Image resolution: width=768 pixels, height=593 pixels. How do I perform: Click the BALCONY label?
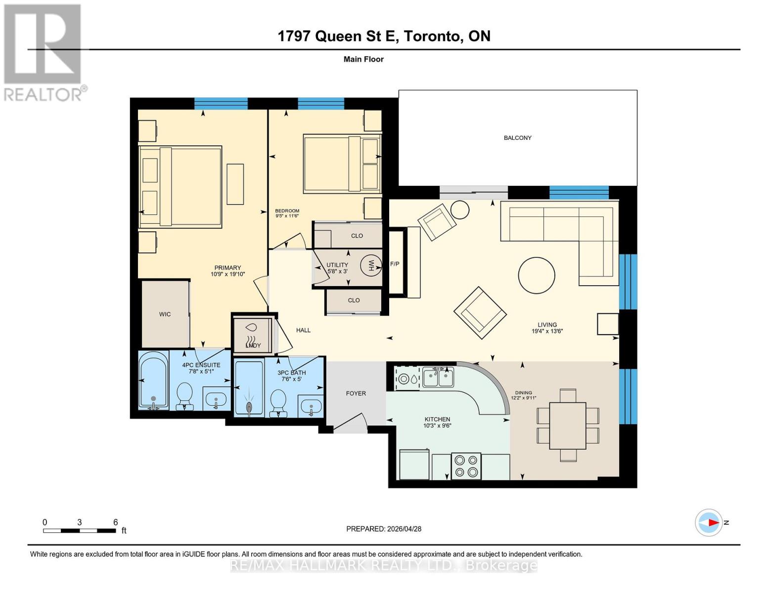(x=517, y=138)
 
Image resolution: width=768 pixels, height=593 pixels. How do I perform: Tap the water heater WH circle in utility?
(x=370, y=265)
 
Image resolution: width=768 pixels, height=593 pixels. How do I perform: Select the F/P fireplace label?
(x=395, y=264)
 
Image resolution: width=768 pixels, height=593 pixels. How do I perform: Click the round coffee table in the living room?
(x=536, y=276)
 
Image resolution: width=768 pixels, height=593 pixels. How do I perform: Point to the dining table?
(x=568, y=425)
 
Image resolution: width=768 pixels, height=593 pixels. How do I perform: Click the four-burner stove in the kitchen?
(x=466, y=466)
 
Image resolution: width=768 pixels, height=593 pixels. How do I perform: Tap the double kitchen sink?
(x=438, y=378)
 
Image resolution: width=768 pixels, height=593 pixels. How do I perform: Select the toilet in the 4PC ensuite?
(x=185, y=395)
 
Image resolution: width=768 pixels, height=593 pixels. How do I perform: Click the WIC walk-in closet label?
(x=165, y=314)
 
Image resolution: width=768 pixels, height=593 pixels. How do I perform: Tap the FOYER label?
(x=356, y=393)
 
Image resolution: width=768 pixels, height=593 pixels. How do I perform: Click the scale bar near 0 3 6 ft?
(x=79, y=531)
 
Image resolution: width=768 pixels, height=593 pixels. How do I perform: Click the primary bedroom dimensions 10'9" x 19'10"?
(x=227, y=274)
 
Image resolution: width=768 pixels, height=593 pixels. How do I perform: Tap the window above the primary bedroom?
(x=221, y=103)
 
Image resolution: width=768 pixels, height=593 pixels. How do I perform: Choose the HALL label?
(x=303, y=330)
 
